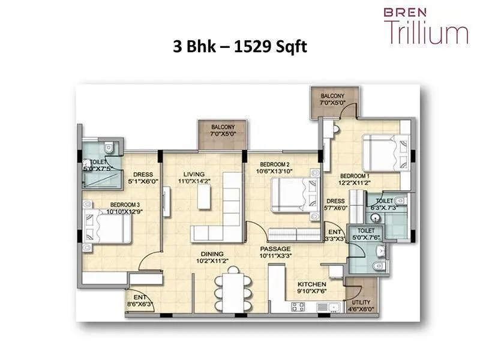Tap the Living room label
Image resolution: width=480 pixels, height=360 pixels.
[x=195, y=175]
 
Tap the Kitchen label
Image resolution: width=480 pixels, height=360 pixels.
[x=311, y=284]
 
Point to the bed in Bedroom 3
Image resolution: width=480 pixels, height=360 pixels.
[x=108, y=230]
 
